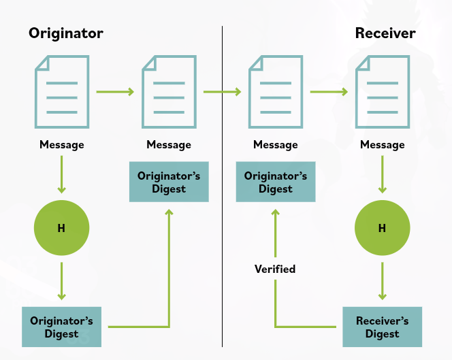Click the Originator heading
coord(66,33)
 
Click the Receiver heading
coord(385,33)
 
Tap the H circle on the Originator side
coord(62,228)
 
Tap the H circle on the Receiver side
coord(382,228)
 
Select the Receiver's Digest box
coord(382,327)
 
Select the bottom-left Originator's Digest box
coord(62,327)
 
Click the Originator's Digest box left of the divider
coord(169,182)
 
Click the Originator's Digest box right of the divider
coord(276,182)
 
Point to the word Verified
coord(275,269)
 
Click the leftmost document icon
coord(62,91)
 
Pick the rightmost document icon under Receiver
coord(382,91)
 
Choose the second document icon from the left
coord(169,91)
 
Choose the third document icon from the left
coord(276,91)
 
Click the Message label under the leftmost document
coord(62,144)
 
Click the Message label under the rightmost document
coord(382,144)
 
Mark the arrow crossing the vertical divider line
coord(223,91)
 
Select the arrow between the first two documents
coord(115,91)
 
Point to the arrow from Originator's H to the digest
coord(62,280)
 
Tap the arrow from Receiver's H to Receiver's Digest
coord(382,280)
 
